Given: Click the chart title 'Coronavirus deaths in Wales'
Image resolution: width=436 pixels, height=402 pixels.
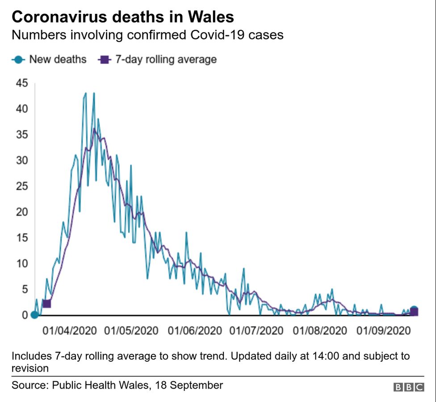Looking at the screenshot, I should (122, 17).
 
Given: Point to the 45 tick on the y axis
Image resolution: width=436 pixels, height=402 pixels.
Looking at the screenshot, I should (22, 83).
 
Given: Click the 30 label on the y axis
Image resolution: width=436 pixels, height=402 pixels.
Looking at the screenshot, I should (22, 160).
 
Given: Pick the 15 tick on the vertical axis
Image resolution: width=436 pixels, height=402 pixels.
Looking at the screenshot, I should (22, 238).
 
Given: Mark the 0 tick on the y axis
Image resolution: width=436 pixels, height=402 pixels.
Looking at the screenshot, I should (25, 315).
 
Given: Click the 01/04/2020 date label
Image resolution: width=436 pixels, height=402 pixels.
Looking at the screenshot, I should (70, 331).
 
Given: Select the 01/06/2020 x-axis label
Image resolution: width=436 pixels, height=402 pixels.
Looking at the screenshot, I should (195, 331).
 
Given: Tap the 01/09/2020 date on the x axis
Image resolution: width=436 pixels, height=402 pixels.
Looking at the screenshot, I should (384, 331).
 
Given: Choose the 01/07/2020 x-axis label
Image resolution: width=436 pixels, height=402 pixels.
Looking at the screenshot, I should (257, 331).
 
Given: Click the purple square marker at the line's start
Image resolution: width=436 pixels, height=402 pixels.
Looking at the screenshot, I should (46, 304).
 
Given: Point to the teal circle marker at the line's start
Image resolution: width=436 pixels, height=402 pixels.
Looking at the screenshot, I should (34, 315).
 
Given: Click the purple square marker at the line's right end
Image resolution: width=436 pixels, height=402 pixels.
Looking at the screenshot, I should (414, 312).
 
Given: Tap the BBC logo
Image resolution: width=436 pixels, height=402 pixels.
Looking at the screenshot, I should (408, 387).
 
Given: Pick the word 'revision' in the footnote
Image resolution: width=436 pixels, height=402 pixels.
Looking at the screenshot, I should (30, 368).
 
